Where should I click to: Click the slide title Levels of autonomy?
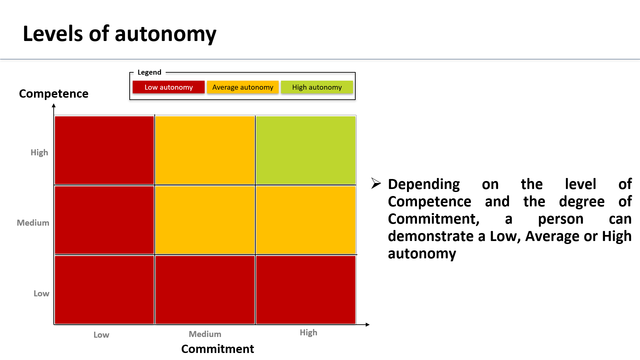119,34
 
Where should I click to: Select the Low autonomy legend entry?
169,87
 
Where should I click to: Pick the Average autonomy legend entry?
243,87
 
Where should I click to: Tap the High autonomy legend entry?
317,87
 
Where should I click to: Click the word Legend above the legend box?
149,72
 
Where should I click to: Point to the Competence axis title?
54,94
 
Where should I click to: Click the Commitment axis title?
218,349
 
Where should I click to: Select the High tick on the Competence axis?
39,153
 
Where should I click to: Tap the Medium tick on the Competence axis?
33,223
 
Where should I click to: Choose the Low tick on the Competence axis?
41,293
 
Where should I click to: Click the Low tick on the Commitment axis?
101,335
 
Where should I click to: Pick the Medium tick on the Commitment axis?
205,334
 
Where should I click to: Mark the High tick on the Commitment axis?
309,333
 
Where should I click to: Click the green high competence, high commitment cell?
306,150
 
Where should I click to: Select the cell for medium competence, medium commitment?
205,220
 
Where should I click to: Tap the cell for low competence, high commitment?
306,290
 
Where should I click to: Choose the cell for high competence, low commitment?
104,150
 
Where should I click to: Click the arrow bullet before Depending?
376,183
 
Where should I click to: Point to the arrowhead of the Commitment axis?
368,325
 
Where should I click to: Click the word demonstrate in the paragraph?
431,236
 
